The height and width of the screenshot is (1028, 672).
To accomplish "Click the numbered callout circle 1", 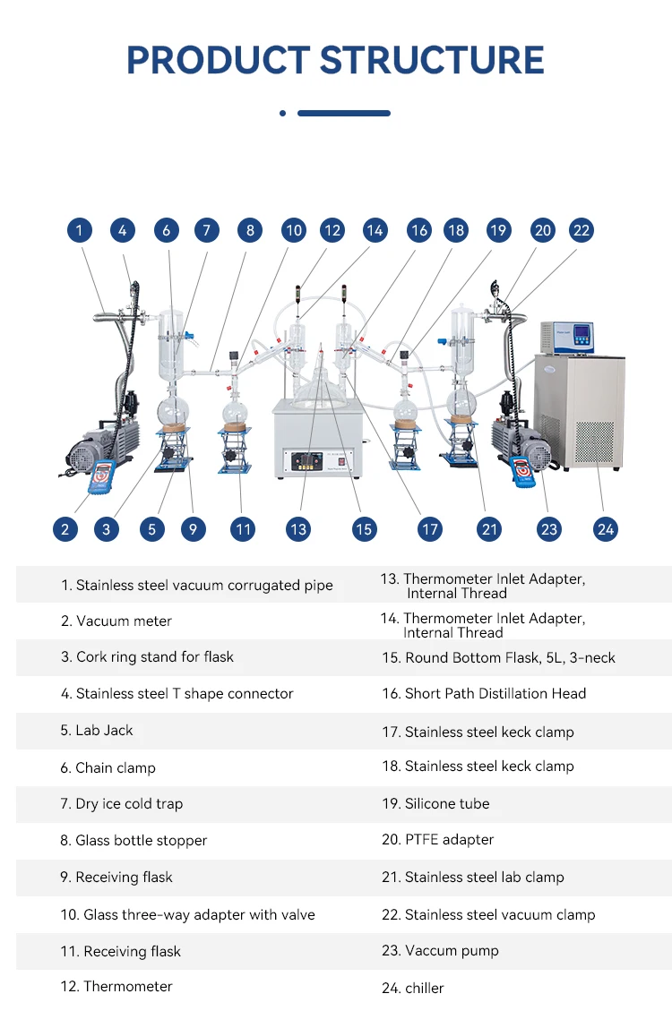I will [x=79, y=230].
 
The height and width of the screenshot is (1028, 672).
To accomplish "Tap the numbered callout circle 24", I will [x=606, y=529].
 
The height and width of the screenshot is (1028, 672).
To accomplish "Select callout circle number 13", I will [x=298, y=529].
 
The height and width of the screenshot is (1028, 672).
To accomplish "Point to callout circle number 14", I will [x=375, y=230].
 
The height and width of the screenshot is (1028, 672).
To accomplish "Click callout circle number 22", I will [x=582, y=230].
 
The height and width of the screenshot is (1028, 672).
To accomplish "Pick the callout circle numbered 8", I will [x=250, y=230].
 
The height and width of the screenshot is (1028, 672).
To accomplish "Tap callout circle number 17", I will [x=430, y=529].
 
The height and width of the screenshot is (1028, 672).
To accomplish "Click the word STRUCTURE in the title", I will [x=432, y=60].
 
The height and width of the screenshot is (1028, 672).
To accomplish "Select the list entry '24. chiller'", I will [x=413, y=988].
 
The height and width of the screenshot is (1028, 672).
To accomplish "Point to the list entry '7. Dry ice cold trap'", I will [x=122, y=803].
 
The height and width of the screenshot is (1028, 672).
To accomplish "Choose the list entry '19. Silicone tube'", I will [x=436, y=803].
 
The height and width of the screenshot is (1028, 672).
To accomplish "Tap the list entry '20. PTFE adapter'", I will [x=438, y=839].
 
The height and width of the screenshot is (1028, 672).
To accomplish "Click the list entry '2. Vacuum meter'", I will [x=116, y=621].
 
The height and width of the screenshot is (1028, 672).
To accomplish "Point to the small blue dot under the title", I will [x=282, y=113].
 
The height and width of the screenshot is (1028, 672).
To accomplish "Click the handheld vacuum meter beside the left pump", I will [x=101, y=475].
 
